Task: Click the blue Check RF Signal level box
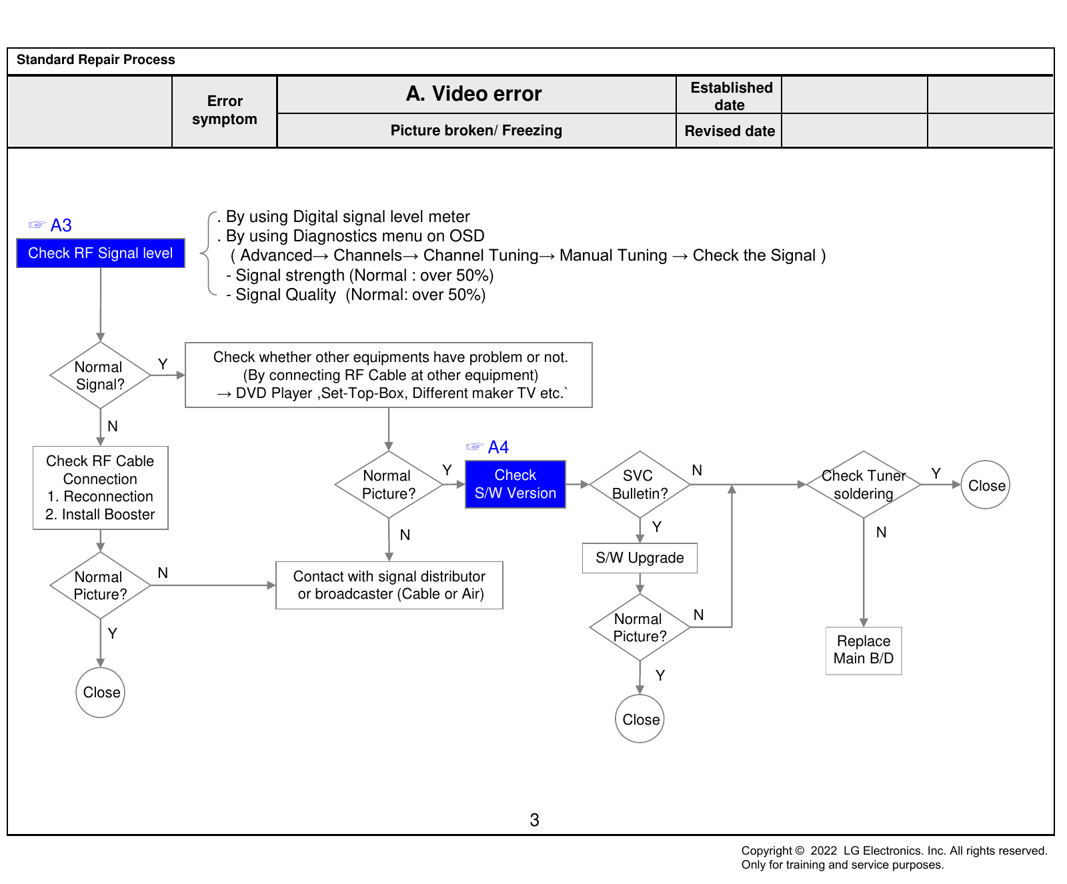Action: click(101, 253)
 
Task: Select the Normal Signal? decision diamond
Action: click(100, 375)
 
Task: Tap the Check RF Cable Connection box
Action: click(101, 488)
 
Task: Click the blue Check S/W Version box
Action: click(515, 484)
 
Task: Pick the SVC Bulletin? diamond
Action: click(640, 485)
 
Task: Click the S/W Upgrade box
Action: click(640, 558)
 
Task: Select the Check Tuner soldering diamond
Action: click(864, 485)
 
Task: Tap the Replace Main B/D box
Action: click(864, 651)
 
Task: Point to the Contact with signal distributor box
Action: click(389, 585)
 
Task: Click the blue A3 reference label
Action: click(61, 225)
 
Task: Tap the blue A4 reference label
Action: click(498, 447)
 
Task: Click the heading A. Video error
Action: click(474, 94)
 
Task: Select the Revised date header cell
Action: click(730, 131)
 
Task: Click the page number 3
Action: click(534, 820)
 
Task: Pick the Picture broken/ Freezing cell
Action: click(476, 131)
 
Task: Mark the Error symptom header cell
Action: click(225, 111)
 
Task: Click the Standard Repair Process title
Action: click(96, 60)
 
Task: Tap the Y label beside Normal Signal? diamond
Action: click(163, 364)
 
